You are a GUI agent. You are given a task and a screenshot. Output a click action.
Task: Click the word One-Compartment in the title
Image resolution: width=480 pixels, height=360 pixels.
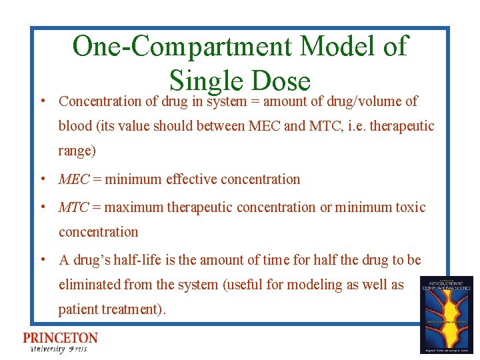point(182,47)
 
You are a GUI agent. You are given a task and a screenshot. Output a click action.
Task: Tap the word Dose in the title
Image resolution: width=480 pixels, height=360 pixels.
point(281,80)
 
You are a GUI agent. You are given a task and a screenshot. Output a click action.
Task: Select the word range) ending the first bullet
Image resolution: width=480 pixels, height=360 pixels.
point(77,151)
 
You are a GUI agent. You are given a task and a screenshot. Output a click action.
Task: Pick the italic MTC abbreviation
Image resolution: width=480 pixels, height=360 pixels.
point(74,207)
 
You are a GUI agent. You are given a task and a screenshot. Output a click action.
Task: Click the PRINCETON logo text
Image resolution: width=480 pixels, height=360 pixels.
point(60,338)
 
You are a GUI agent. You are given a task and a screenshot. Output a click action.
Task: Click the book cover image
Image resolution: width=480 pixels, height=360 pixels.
point(446,314)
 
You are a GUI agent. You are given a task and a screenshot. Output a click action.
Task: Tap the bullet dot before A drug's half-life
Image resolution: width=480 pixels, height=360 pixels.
point(42,259)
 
